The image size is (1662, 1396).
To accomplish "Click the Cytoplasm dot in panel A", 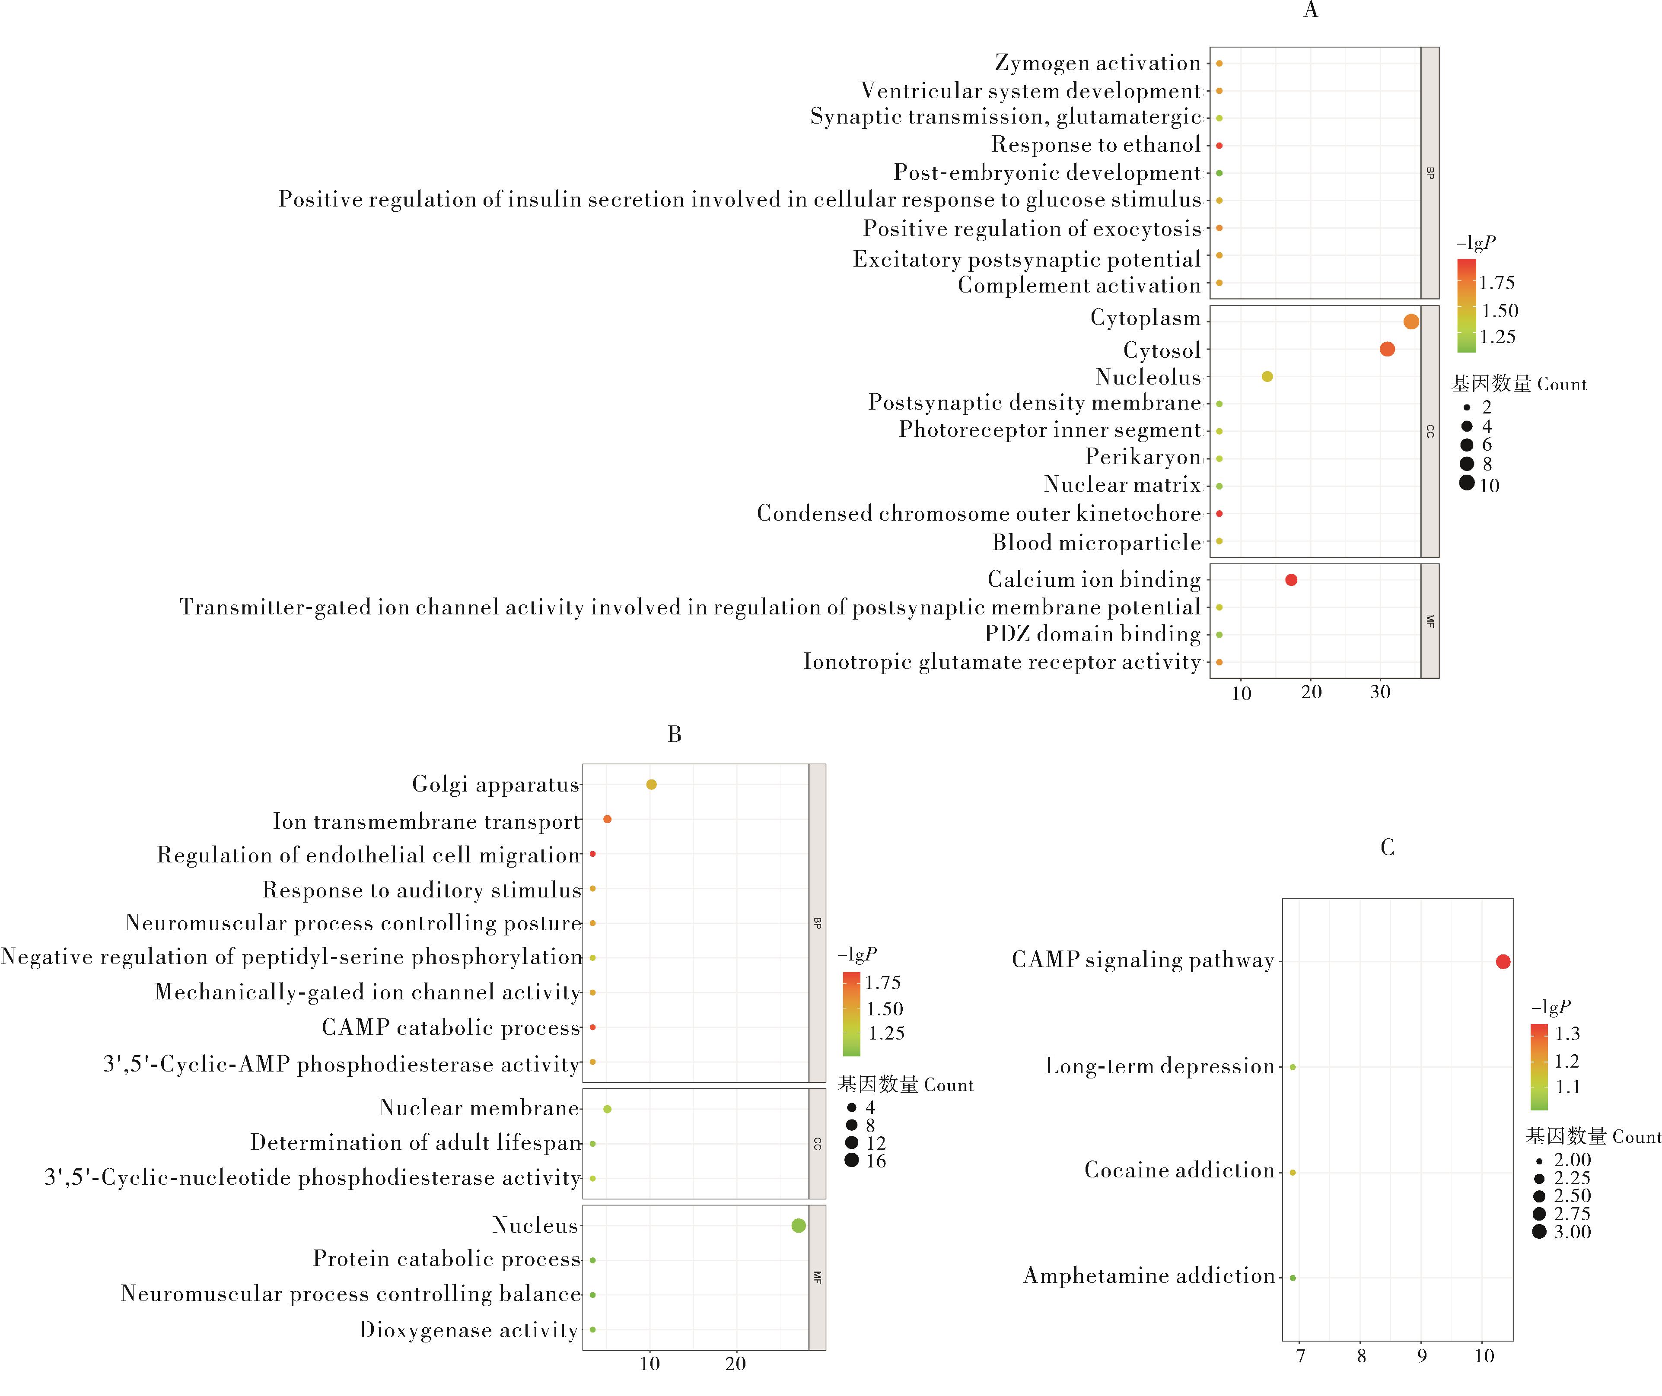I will click(1411, 321).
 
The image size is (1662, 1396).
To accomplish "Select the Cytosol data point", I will click(1387, 349).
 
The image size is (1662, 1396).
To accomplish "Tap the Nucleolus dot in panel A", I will click(1267, 377).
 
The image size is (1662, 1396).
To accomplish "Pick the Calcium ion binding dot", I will click(1291, 580).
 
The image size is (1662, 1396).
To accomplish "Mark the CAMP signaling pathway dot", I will click(1503, 961).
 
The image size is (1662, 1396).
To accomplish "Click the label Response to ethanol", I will click(1096, 145).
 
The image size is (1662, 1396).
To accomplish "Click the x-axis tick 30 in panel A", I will click(1380, 693).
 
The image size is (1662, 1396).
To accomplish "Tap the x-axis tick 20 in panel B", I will click(735, 1364).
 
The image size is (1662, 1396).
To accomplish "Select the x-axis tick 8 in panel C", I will click(1361, 1356).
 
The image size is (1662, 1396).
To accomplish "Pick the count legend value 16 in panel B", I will click(876, 1161).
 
